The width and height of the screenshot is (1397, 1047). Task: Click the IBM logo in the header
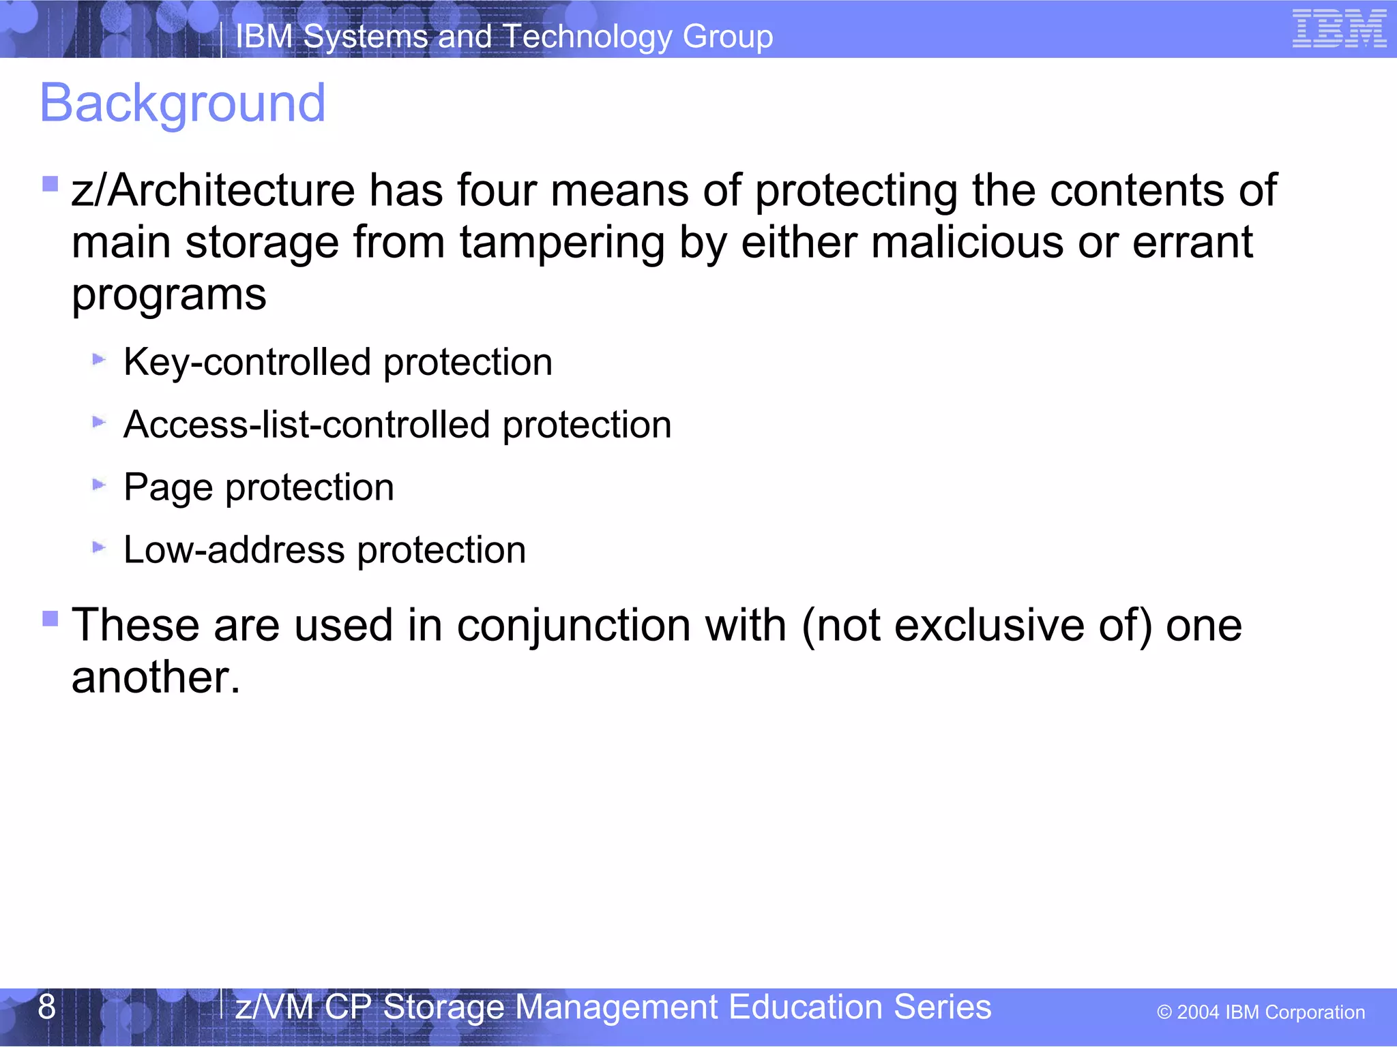(x=1339, y=29)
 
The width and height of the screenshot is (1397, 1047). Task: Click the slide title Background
(x=183, y=104)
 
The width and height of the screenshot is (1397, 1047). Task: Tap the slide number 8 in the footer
(x=46, y=1007)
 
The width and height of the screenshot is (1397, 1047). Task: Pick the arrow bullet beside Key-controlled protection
(x=99, y=359)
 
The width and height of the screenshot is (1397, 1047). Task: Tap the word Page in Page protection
(x=168, y=488)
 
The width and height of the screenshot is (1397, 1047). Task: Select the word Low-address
(x=233, y=550)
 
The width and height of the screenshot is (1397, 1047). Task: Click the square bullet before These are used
(x=50, y=618)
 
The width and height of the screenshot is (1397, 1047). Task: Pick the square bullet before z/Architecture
(x=50, y=183)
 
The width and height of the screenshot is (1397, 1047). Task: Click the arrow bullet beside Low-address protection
(x=99, y=547)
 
